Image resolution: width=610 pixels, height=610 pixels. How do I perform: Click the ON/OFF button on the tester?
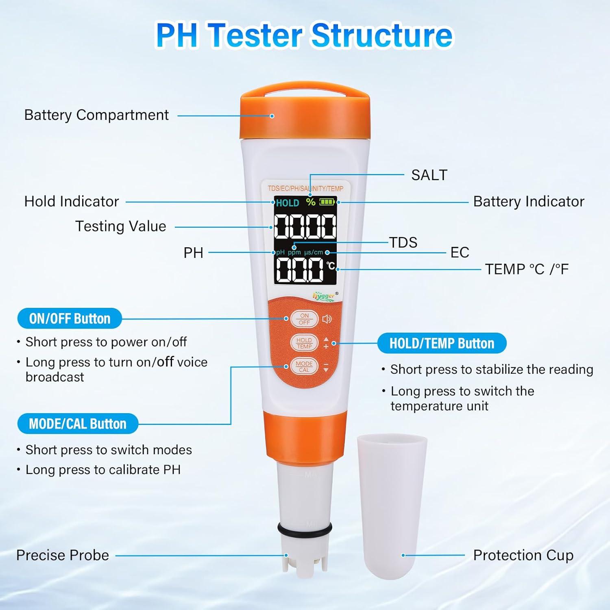pos(304,319)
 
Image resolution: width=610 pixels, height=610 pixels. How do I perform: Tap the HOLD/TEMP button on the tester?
pos(304,343)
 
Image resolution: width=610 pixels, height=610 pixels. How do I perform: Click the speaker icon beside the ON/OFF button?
pos(327,319)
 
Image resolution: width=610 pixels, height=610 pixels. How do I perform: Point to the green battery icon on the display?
pos(327,202)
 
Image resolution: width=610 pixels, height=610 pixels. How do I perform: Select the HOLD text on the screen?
pos(288,203)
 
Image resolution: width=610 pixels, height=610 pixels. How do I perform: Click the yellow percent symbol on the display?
pos(311,202)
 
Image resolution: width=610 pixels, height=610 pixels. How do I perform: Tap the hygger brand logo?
pos(324,296)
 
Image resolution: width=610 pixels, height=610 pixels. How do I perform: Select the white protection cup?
pos(391,504)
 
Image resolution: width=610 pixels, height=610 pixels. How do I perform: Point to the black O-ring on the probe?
pos(305,529)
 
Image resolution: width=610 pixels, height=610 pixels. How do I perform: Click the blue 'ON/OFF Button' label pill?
pos(70,318)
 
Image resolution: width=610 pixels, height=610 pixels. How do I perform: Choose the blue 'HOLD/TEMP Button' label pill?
pos(442,343)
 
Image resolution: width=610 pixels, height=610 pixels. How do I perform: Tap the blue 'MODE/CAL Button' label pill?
pos(78,424)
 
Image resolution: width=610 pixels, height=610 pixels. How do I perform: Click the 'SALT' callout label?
pos(429,175)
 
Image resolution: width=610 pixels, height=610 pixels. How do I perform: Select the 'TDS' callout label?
pos(403,242)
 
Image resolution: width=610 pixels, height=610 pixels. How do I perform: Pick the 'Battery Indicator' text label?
pos(528,201)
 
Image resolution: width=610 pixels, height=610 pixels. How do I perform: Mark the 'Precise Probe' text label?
pos(63,555)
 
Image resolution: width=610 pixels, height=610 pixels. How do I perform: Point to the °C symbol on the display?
pos(331,265)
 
